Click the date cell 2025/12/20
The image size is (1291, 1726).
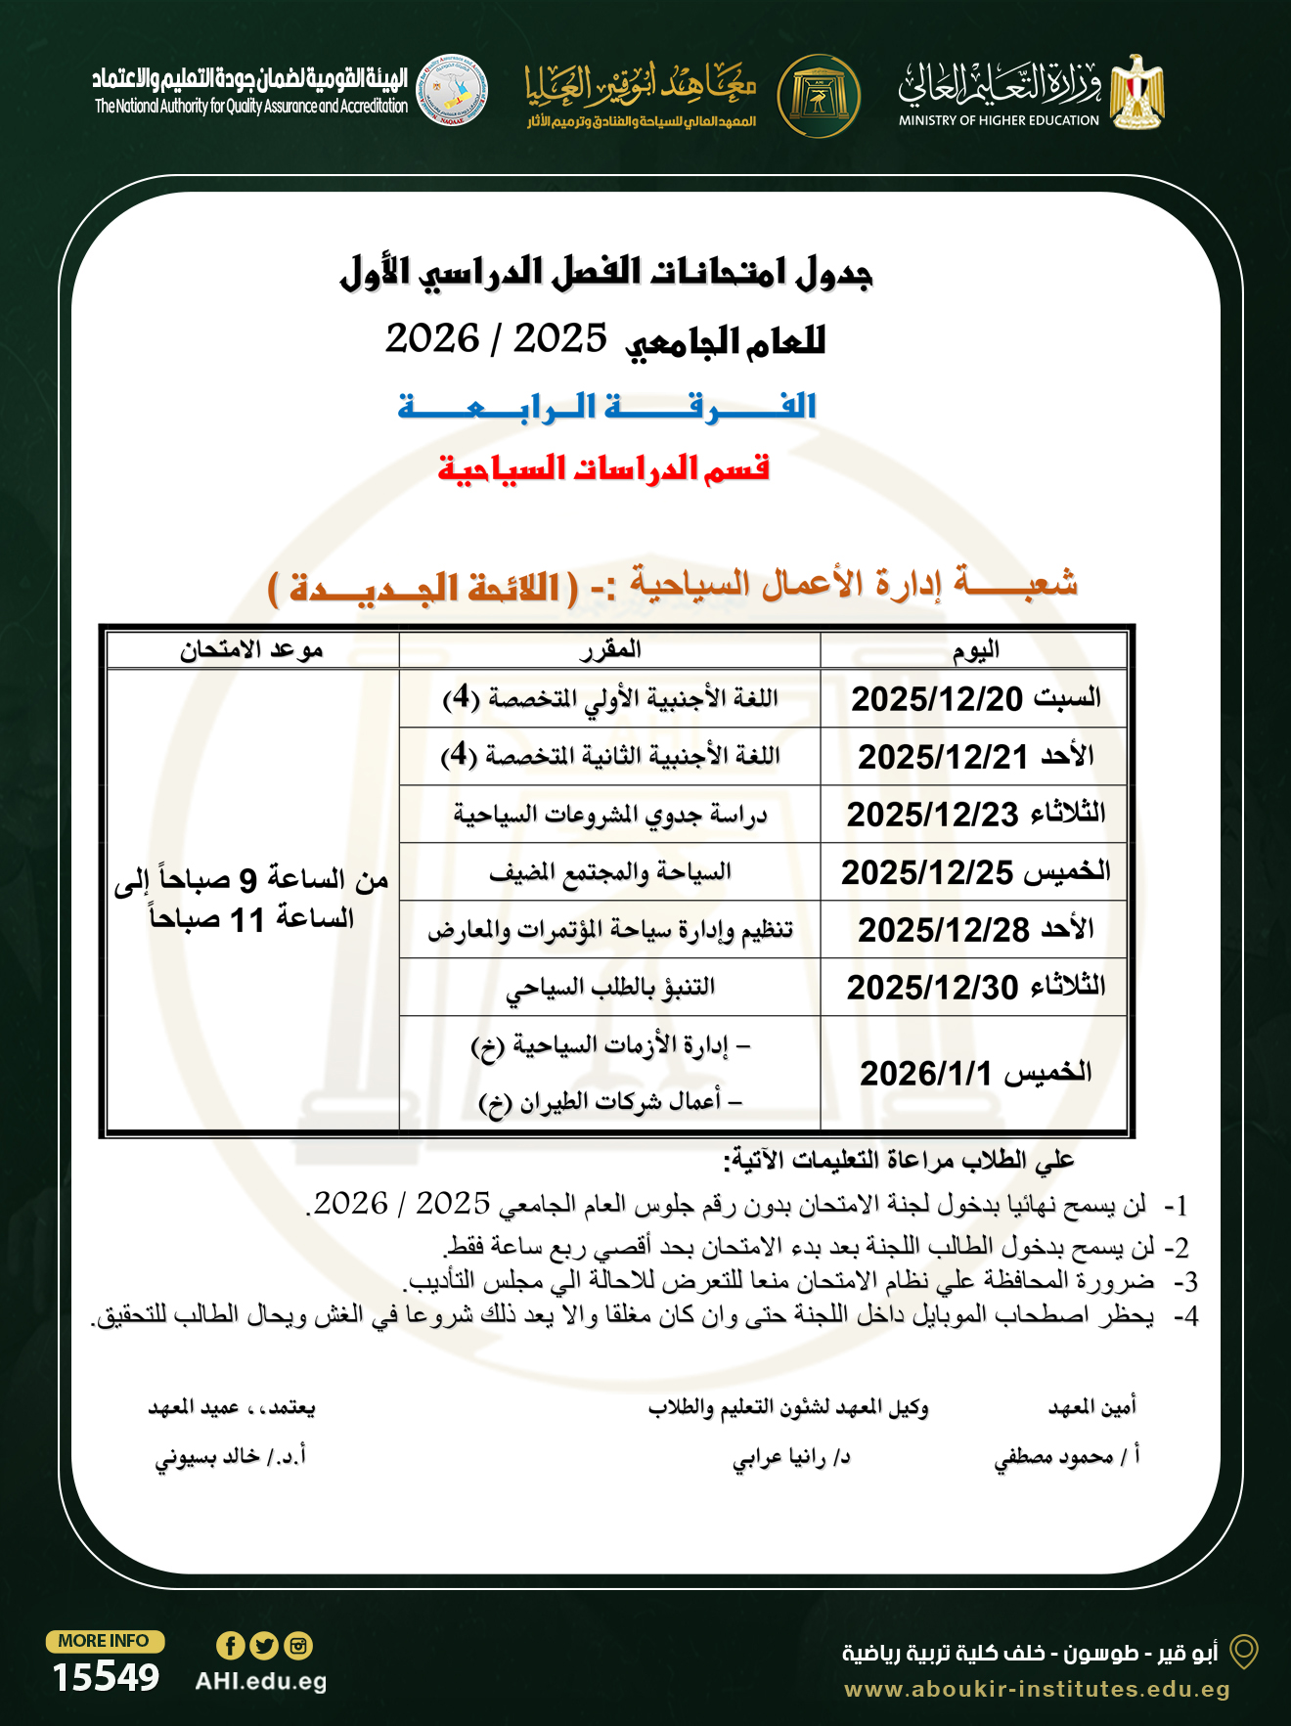pyautogui.click(x=975, y=698)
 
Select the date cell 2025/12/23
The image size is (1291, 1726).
pyautogui.click(x=975, y=814)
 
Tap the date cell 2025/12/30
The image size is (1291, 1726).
pyautogui.click(x=975, y=987)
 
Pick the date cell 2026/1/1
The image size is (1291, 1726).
pyautogui.click(x=975, y=1073)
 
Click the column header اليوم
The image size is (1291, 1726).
pyautogui.click(x=975, y=649)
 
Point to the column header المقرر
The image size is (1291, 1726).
pyautogui.click(x=610, y=649)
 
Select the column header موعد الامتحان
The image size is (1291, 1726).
pyautogui.click(x=251, y=649)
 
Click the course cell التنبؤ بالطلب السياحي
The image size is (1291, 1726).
pyautogui.click(x=610, y=987)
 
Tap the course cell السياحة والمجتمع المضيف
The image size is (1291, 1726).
pyautogui.click(x=610, y=871)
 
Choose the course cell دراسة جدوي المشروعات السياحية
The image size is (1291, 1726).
pyautogui.click(x=610, y=814)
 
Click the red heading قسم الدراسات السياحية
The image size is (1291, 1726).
pyautogui.click(x=603, y=468)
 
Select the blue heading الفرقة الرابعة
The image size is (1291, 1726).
pyautogui.click(x=606, y=406)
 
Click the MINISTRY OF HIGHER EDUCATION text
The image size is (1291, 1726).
pyautogui.click(x=999, y=120)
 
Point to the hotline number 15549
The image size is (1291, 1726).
pyautogui.click(x=106, y=1677)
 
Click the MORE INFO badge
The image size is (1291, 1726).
pyautogui.click(x=104, y=1641)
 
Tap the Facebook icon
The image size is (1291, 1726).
pyautogui.click(x=230, y=1645)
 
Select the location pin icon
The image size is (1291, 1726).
pyautogui.click(x=1243, y=1652)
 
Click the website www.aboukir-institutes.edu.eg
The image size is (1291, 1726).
pyautogui.click(x=1037, y=1689)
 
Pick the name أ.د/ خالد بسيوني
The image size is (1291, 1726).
pyautogui.click(x=231, y=1456)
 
